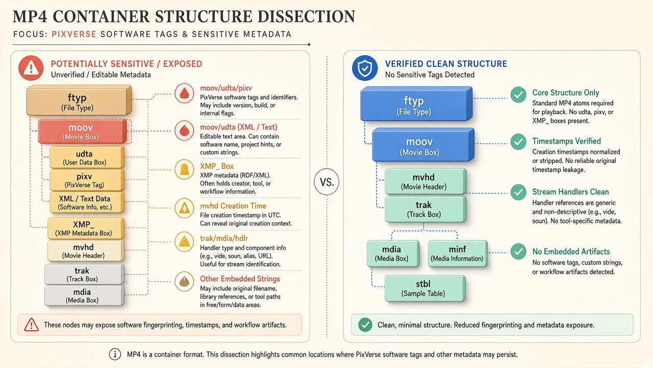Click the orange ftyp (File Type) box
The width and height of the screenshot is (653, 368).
click(x=79, y=100)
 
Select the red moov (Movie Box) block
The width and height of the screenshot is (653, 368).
click(x=83, y=131)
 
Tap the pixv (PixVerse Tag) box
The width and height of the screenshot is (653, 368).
click(x=87, y=180)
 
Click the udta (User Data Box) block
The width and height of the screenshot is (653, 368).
click(x=87, y=157)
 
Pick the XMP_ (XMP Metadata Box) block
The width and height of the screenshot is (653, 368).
click(x=86, y=228)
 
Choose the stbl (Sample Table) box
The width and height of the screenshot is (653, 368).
click(x=425, y=288)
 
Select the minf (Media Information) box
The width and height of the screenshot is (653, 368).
click(x=458, y=254)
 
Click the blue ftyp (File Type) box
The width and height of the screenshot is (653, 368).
click(x=416, y=104)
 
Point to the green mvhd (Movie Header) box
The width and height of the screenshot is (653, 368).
click(x=425, y=181)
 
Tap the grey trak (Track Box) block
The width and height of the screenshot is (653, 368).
click(x=84, y=274)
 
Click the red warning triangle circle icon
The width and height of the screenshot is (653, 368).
click(x=31, y=68)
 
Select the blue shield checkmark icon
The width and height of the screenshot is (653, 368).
click(x=365, y=68)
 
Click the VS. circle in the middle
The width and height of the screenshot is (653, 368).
click(x=326, y=182)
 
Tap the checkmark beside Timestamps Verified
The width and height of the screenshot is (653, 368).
click(x=518, y=142)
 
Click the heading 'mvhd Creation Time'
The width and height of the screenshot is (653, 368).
click(x=233, y=206)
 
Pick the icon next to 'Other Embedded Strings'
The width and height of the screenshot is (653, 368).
click(x=184, y=282)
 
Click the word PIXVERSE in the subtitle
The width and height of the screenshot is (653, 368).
click(x=74, y=34)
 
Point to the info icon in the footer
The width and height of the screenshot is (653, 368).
click(x=115, y=354)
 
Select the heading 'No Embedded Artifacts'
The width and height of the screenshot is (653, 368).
click(x=571, y=251)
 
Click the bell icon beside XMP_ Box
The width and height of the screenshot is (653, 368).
click(x=184, y=169)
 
